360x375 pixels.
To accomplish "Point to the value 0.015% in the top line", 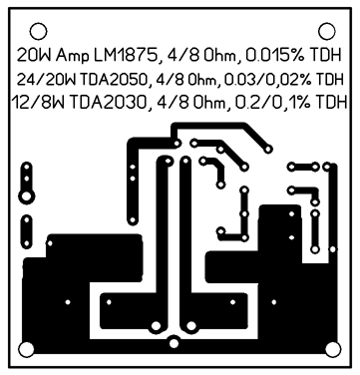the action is pos(274,56).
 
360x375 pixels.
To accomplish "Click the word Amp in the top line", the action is pos(73,56).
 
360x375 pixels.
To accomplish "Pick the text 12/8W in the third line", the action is pos(39,103).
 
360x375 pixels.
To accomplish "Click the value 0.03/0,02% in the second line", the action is pos(268,80).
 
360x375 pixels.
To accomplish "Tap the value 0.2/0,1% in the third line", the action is pos(273,103).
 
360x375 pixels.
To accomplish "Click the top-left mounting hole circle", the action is pos(38,31).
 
